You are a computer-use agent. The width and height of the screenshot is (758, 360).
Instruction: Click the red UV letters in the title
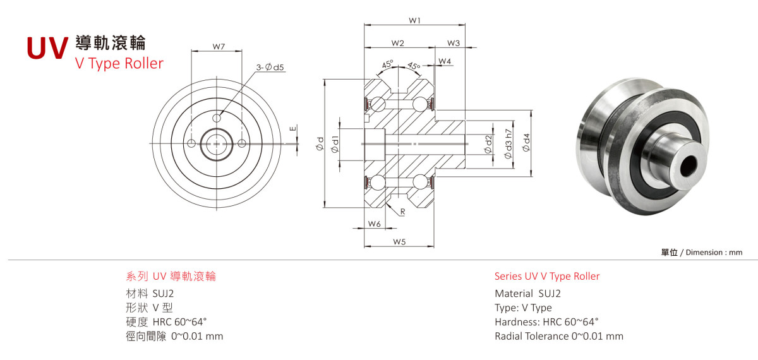pos(47,48)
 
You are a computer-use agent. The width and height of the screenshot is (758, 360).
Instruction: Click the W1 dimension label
pos(414,20)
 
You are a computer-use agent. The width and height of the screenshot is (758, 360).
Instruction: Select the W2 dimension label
pos(397,43)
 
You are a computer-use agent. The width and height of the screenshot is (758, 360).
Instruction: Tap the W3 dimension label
pos(453,43)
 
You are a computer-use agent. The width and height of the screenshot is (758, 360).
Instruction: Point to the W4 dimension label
pos(445,61)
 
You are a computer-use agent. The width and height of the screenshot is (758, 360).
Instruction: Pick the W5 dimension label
pos(398,242)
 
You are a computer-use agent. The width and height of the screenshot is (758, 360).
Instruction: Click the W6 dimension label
pos(375,224)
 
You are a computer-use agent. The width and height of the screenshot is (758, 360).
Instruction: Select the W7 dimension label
pos(219,47)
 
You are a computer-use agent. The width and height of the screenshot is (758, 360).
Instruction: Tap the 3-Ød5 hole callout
pos(270,68)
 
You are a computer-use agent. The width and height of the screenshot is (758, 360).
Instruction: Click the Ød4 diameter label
pos(527,143)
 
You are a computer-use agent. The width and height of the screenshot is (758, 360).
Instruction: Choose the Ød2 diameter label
pos(488,143)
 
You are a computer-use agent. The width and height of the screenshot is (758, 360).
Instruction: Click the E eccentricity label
pos(292,129)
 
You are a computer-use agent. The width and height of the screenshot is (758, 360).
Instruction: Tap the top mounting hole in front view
pos(217,117)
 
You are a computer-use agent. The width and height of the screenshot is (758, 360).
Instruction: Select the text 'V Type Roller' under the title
pos(119,63)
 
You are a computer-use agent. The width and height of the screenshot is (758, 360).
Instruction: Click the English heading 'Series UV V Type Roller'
pos(547,276)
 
